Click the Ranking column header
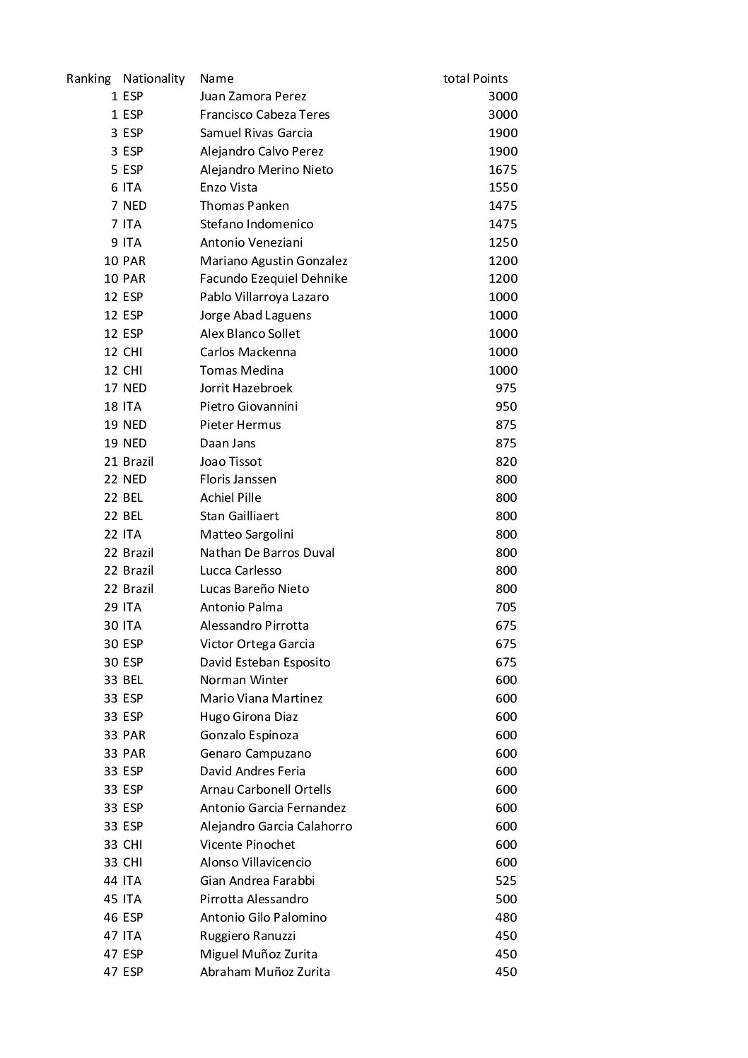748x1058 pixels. [88, 78]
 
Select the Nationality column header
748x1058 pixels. [153, 78]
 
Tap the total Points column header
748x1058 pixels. [475, 78]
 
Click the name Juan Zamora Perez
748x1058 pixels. [253, 97]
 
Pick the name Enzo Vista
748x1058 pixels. [228, 188]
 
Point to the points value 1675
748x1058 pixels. [503, 170]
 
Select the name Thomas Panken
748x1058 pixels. [244, 206]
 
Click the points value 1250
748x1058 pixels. [503, 242]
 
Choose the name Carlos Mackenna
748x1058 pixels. [247, 352]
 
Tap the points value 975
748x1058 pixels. [506, 388]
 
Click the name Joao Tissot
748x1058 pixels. [230, 462]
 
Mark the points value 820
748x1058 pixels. [506, 462]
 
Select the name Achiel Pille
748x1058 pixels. [230, 498]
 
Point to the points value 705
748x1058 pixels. [506, 607]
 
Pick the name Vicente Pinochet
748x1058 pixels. [247, 845]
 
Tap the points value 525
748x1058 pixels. [506, 881]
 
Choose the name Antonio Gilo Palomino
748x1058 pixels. [263, 917]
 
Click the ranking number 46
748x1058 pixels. [111, 917]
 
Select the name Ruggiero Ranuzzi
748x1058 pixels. [247, 936]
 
